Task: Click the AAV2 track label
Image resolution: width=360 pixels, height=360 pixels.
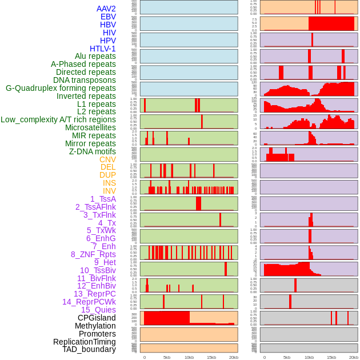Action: tap(106, 9)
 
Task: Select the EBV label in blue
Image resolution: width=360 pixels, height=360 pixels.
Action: tap(108, 17)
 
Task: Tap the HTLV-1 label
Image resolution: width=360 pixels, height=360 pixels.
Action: tap(103, 49)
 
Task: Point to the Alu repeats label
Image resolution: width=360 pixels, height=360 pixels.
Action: tap(95, 56)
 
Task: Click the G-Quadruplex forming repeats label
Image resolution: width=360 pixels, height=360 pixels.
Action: tap(61, 88)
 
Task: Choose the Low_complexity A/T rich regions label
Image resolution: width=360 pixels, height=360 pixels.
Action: tap(58, 119)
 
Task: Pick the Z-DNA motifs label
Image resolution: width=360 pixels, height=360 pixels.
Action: tap(93, 151)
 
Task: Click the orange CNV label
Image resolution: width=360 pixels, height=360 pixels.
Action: tap(107, 159)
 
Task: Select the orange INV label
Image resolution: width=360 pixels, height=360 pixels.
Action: tap(109, 191)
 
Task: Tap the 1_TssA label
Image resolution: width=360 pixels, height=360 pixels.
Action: tap(103, 199)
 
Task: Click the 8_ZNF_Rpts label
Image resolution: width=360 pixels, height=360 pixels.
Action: tap(93, 254)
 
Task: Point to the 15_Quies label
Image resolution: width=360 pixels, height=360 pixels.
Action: tap(98, 310)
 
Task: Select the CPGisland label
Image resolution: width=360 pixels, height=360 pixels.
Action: tap(97, 318)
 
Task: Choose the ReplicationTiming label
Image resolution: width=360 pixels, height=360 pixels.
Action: tap(84, 342)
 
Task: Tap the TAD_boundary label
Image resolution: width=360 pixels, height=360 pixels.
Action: tap(89, 349)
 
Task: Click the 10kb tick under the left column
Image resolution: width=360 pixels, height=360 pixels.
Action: tap(189, 357)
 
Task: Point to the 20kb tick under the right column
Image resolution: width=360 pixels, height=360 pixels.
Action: tap(354, 357)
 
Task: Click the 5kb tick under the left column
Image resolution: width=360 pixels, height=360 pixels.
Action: tap(167, 357)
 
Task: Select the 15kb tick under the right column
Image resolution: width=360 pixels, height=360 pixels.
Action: tap(331, 357)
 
